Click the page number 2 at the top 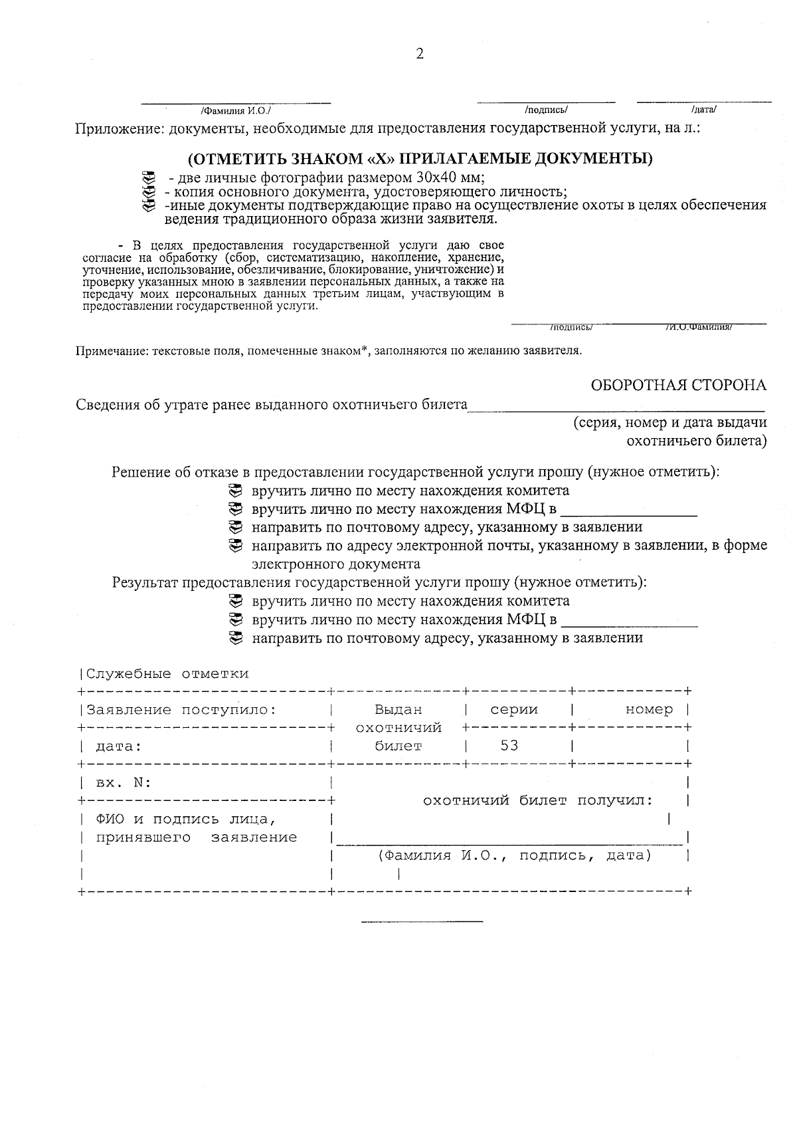tap(419, 55)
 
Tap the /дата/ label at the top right tap(703, 110)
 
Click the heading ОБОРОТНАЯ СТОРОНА tap(679, 385)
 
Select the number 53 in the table tap(509, 745)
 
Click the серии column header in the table tap(513, 709)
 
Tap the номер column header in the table tap(649, 709)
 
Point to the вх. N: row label tap(124, 782)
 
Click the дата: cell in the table tap(119, 746)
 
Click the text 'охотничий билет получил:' tap(538, 800)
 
